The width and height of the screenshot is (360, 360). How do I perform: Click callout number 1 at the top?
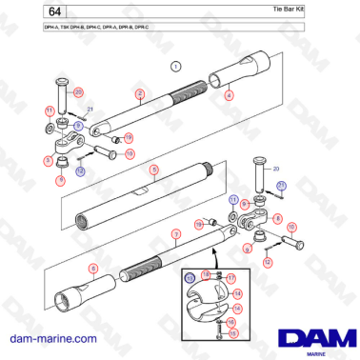tap(175, 66)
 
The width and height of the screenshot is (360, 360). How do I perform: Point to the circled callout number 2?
tap(139, 93)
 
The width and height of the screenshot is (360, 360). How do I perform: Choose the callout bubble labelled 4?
tap(229, 95)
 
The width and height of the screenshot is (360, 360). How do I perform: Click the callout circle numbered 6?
tap(93, 270)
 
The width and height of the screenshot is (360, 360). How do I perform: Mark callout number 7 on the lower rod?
tap(175, 232)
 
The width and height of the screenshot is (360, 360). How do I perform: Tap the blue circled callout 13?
tap(190, 277)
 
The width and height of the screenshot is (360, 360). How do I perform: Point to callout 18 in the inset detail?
tap(206, 274)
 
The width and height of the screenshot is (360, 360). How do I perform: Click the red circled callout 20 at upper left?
tap(79, 91)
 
